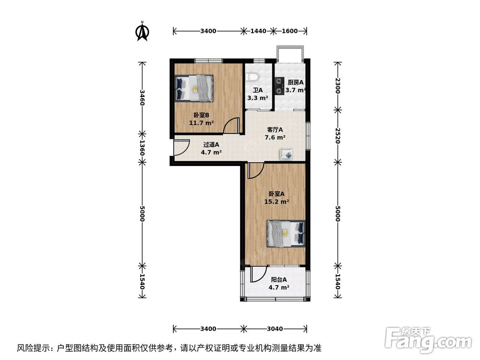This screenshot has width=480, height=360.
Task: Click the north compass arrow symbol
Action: pos(142,31)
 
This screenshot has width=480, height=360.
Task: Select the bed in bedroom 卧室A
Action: pos(286,233)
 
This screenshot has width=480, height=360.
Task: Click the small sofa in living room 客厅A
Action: pos(287,154)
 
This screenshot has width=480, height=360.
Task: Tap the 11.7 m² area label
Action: pos(201,123)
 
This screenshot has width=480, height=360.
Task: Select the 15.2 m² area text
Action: pos(276,202)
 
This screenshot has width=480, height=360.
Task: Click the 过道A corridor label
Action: pos(211,144)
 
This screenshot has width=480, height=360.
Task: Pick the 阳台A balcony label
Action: pos(278,280)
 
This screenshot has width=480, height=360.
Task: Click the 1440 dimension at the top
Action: pos(258,31)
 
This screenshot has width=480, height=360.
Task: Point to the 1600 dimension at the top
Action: pos(289,31)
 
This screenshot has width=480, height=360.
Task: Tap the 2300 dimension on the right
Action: pos(338,86)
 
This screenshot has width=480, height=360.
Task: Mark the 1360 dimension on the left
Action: pos(142,148)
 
